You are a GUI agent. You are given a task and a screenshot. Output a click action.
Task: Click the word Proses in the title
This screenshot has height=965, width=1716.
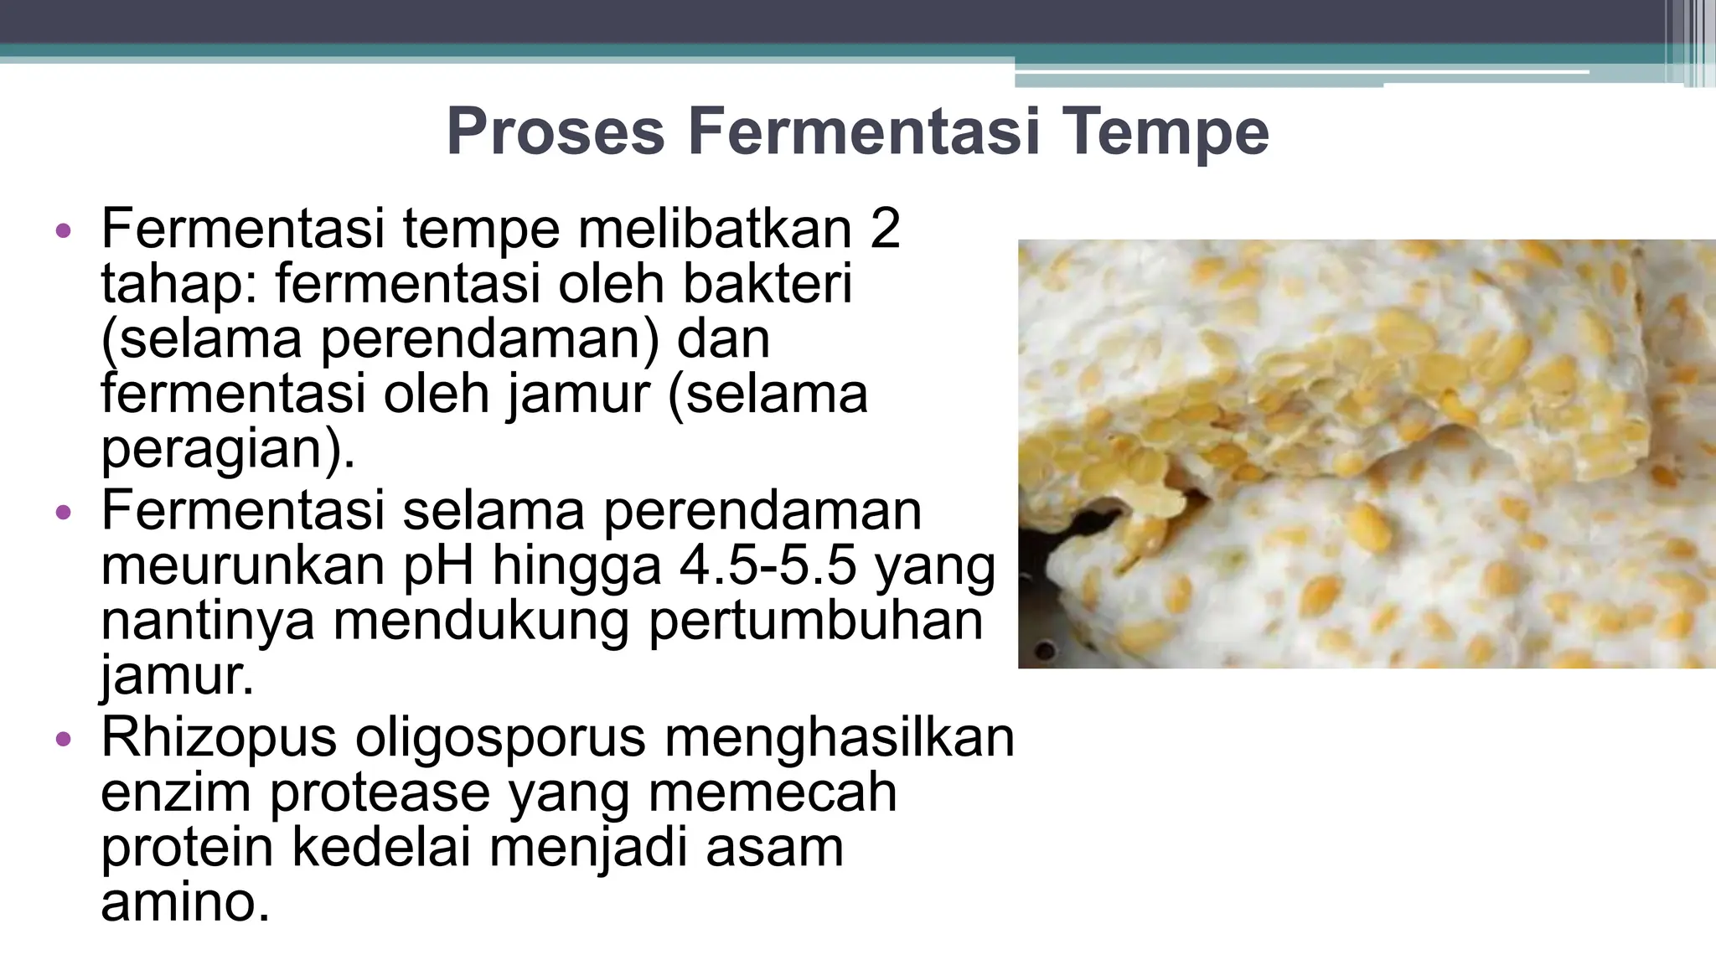tap(555, 132)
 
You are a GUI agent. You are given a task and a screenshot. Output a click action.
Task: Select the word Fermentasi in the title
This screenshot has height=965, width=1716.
tap(863, 132)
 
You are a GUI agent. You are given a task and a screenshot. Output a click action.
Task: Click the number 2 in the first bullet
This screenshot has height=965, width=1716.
tap(885, 228)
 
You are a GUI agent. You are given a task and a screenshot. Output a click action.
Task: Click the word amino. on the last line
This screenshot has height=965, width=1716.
tap(186, 903)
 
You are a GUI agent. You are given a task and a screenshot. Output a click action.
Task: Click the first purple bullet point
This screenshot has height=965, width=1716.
tap(64, 230)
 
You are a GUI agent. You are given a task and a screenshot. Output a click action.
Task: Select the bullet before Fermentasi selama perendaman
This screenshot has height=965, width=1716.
tap(64, 512)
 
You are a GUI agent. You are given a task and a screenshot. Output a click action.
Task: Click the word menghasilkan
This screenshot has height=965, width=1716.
tap(840, 737)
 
